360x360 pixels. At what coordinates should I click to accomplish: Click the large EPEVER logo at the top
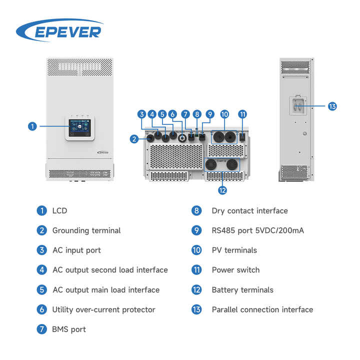pos(59,31)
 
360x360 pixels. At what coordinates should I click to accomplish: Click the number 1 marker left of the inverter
pos(32,126)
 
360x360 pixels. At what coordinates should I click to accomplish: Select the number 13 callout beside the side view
pos(332,106)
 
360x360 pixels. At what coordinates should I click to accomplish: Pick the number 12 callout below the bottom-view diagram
pos(222,190)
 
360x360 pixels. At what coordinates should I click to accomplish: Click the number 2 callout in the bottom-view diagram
pos(134,139)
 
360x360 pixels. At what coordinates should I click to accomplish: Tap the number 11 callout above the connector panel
pos(242,114)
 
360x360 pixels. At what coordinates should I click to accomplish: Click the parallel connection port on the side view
pos(296,106)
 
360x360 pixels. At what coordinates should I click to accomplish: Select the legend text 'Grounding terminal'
pos(86,230)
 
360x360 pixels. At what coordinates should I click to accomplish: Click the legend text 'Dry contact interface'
pos(249,210)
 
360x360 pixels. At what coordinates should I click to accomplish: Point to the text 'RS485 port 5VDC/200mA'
pos(257,230)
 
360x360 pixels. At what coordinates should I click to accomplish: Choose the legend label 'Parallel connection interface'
pos(262,309)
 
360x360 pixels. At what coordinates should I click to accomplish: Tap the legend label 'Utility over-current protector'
pos(103,309)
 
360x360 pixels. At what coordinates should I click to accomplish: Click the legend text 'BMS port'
pos(69,329)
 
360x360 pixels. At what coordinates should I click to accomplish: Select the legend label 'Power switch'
pos(235,270)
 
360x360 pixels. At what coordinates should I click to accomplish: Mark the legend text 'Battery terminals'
pos(242,290)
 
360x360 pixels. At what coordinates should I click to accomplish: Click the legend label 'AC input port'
pos(76,250)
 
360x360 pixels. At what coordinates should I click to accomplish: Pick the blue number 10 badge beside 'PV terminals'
pos(196,250)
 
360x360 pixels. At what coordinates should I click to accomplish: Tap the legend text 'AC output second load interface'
pos(110,270)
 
